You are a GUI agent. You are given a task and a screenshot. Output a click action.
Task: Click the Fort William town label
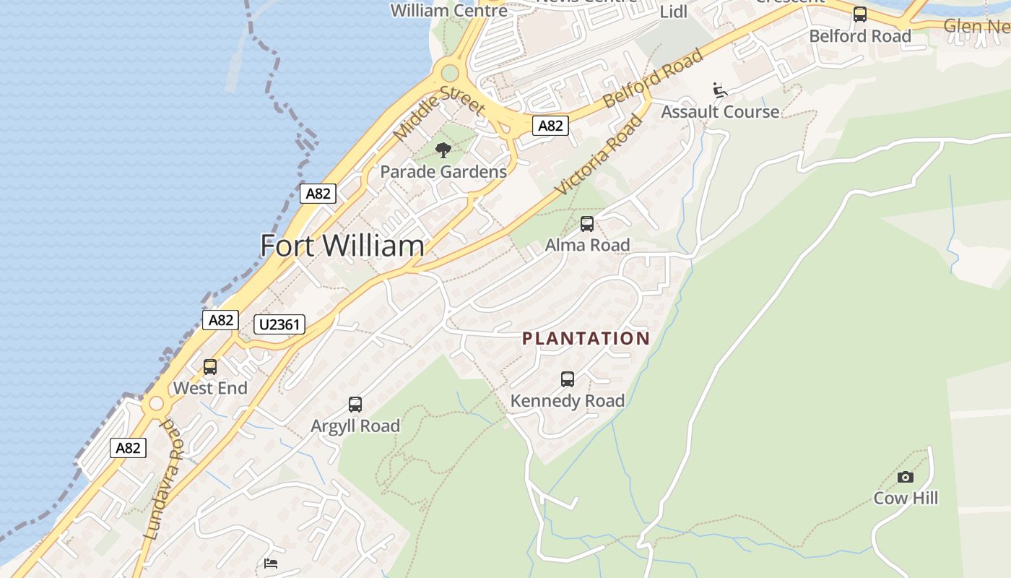click(342, 246)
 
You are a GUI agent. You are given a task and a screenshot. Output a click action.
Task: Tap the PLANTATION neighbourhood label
click(586, 338)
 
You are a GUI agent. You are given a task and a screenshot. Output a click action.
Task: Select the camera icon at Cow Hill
click(905, 477)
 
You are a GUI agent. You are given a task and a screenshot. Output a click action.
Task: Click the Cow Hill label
click(906, 498)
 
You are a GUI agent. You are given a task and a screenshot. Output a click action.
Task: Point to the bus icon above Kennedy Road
click(568, 379)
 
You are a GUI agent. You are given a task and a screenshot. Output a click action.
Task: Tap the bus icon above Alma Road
click(587, 224)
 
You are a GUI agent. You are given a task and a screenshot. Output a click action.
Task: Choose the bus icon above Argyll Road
click(355, 405)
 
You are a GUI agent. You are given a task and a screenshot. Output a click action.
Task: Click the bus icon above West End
click(210, 367)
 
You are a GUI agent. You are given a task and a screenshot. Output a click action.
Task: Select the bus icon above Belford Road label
click(859, 14)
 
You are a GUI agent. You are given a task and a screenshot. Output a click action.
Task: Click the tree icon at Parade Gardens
click(443, 150)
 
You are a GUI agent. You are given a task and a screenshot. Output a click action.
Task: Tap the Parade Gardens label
click(443, 172)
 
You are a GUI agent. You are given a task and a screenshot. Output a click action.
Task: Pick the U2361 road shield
click(279, 324)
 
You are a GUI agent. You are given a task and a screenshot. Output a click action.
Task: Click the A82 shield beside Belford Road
click(550, 126)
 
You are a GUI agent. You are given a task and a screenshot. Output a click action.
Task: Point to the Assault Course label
click(720, 112)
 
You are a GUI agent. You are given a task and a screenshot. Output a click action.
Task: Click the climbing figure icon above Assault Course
click(719, 90)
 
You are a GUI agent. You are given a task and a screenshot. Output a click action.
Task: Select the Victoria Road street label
click(599, 155)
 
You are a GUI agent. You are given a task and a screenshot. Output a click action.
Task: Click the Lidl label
click(674, 12)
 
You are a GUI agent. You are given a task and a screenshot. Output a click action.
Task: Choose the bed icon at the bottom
click(271, 564)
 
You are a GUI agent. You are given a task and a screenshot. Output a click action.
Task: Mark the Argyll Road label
click(355, 426)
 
